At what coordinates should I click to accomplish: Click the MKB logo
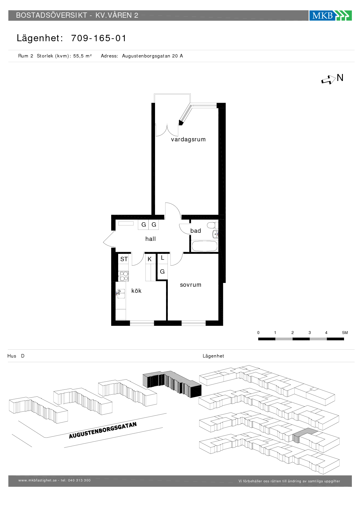pos(330,15)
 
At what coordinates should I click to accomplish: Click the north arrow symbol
pos(328,80)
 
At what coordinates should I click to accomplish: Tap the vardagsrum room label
pos(188,140)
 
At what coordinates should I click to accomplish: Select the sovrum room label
pos(190,285)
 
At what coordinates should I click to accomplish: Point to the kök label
pos(136,291)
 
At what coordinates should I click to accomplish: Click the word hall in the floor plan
pos(150,239)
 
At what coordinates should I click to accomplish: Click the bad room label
pos(196,231)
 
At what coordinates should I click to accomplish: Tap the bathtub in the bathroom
pos(205,246)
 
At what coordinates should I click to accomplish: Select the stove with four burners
pos(124,276)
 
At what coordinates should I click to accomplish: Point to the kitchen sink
pos(121,294)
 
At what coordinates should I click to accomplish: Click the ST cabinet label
pos(124,259)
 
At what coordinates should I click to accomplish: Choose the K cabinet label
pos(150,259)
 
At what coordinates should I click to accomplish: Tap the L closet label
pos(163,258)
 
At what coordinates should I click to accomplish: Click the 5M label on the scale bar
pos(345,333)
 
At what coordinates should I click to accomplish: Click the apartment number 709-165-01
pos(99,38)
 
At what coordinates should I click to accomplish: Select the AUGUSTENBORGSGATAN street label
pos(103,430)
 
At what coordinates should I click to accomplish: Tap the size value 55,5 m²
pos(82,56)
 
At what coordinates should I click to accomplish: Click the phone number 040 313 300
pos(79,480)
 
